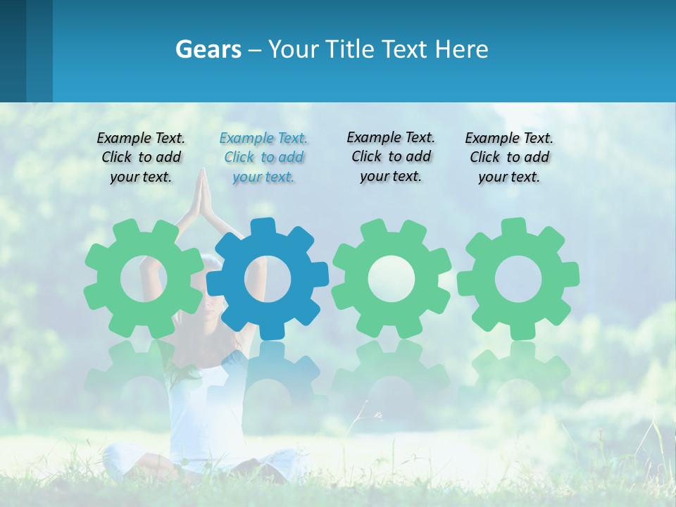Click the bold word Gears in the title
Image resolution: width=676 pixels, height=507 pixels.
pos(208,49)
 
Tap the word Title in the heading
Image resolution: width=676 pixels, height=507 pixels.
pos(349,49)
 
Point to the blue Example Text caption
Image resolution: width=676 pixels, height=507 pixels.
pos(263,158)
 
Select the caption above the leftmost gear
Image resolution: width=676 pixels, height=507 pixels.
pos(141,158)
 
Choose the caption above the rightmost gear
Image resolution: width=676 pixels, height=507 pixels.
pos(509,158)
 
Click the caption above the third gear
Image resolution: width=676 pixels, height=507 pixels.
pos(391,156)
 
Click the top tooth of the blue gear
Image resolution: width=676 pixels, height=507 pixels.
pos(263,227)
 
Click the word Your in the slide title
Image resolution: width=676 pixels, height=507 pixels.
pos(292,49)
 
